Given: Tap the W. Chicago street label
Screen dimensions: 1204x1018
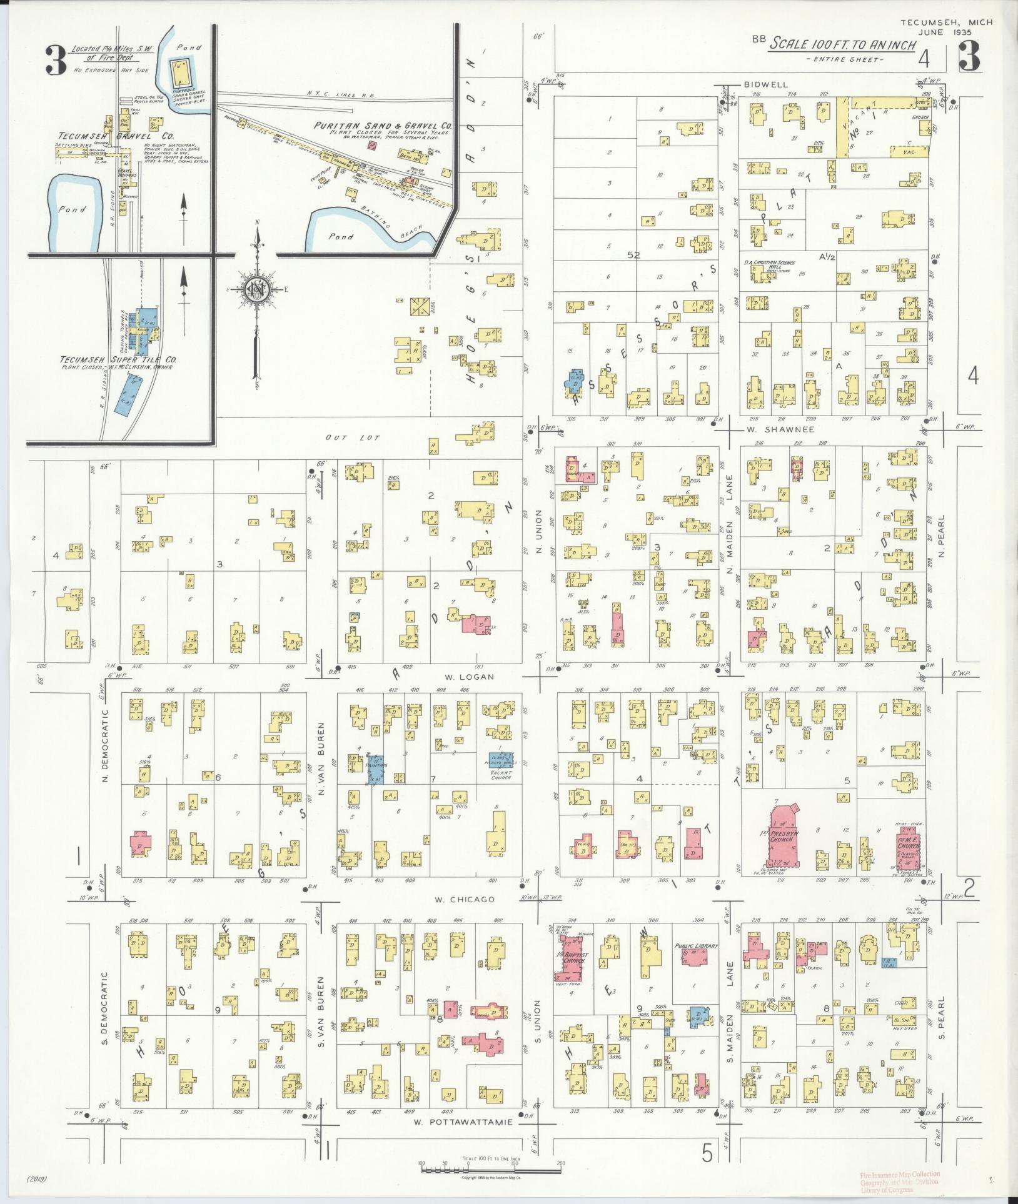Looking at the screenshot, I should coord(464,900).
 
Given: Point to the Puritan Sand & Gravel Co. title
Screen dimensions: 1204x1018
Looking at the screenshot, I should coord(384,126).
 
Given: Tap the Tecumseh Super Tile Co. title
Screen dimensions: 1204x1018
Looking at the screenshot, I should coord(118,360).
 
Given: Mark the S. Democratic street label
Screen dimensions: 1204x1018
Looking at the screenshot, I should coord(106,1008).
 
